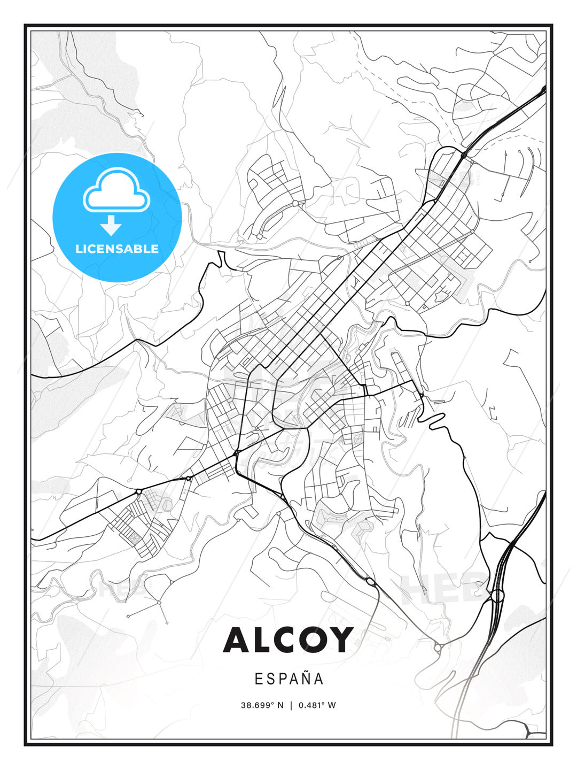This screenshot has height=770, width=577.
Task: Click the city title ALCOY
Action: point(288,640)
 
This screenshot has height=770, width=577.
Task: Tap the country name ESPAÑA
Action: point(289,679)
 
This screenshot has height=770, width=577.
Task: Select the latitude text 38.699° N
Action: point(262,705)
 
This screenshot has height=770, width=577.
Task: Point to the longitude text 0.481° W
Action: point(317,705)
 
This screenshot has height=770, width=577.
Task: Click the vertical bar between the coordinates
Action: point(291,705)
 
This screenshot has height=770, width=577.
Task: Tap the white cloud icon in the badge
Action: point(116,191)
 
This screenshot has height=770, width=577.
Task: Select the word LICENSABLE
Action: point(117,249)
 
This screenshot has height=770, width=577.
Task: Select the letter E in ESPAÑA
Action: point(258,679)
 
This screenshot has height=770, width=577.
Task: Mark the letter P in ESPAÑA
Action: point(280,679)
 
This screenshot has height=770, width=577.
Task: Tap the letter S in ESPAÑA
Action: point(269,679)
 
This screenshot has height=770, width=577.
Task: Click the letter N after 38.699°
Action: point(281,705)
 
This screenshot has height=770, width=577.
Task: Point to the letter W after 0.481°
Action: point(332,705)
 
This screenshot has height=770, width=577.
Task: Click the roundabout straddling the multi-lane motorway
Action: point(497,595)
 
